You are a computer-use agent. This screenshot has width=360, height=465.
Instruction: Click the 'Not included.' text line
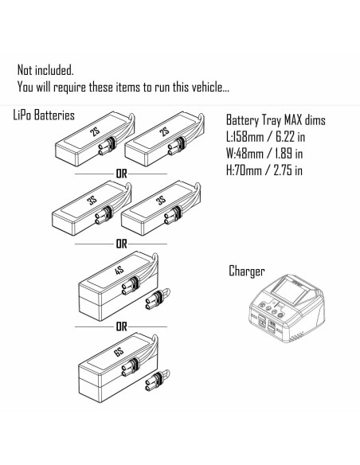[x=45, y=70]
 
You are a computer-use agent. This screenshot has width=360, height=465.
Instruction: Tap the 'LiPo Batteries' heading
[x=44, y=115]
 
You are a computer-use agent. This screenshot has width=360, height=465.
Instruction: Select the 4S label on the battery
[x=119, y=271]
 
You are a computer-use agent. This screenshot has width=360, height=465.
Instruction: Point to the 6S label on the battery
[x=119, y=352]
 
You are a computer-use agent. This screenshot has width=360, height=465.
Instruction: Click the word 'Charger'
[x=246, y=272]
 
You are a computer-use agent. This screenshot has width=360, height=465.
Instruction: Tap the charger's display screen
[x=291, y=291]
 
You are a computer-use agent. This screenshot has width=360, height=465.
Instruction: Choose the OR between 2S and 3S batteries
[x=121, y=174]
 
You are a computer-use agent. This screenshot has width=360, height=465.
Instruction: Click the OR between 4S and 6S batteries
[x=121, y=326]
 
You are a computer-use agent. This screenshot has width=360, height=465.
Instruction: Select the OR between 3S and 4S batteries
[x=121, y=244]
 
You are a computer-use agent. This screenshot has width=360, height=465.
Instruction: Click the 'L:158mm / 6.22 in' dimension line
[x=265, y=137]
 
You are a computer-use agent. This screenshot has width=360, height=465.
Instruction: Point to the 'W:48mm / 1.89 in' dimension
[x=264, y=154]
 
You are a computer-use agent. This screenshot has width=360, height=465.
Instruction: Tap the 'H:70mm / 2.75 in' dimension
[x=264, y=170]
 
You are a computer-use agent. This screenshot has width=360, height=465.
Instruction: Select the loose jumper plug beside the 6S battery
[x=157, y=381]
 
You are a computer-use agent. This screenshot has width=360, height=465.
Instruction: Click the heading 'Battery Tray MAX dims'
[x=276, y=120]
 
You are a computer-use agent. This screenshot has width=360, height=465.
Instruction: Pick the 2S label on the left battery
[x=96, y=131]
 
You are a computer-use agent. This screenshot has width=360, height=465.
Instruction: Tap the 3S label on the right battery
[x=161, y=201]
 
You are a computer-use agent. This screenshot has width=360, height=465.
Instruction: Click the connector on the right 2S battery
[x=175, y=147]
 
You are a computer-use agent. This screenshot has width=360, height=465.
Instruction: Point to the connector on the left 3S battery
[x=103, y=216]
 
